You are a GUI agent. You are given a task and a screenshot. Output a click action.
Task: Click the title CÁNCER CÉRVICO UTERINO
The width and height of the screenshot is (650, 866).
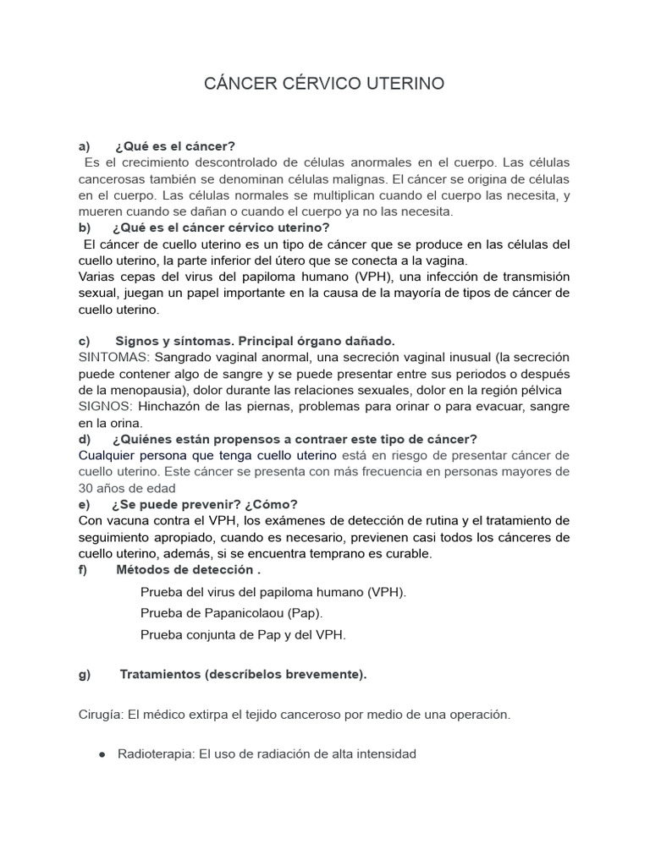[x=324, y=84]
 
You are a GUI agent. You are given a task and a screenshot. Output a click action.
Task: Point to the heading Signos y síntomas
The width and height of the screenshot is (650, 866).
[x=255, y=341]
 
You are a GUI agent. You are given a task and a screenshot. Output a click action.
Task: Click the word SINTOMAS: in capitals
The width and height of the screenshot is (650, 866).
[x=114, y=357]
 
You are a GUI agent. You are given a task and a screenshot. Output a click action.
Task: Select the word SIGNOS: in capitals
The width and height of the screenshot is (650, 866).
[x=105, y=406]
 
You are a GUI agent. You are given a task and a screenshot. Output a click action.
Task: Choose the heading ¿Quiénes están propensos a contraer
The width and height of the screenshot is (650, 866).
[x=294, y=439]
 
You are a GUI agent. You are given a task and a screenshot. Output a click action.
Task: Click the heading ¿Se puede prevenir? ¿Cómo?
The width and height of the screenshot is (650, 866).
[x=204, y=504]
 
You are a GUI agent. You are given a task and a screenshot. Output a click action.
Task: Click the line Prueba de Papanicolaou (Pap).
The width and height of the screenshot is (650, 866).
[x=232, y=612]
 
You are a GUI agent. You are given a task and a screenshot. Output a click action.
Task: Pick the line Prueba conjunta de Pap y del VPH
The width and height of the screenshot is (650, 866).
[x=243, y=633]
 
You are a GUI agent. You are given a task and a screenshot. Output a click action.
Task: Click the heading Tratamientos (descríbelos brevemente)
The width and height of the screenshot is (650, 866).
[x=243, y=674]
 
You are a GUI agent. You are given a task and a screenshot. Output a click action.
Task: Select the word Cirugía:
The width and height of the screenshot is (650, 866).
[x=100, y=715]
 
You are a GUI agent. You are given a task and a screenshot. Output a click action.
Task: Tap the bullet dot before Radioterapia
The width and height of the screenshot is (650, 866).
[x=102, y=754]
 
